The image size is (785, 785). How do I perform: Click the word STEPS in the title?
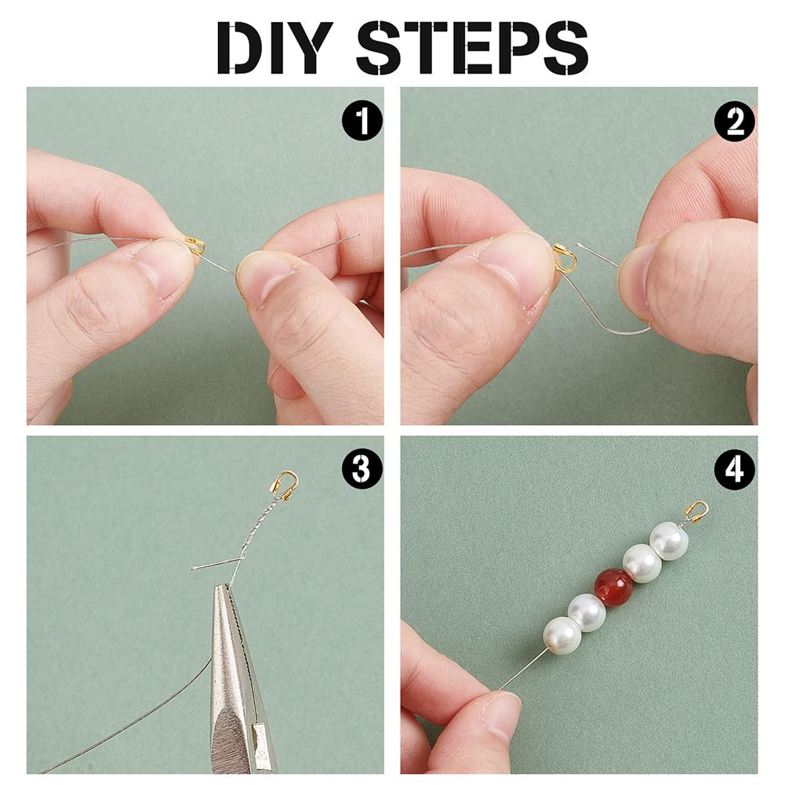472,48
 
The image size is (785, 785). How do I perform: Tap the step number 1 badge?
362,121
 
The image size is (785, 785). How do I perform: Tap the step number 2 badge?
735,121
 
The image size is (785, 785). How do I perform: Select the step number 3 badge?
362,470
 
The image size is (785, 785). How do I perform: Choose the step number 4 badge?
735,470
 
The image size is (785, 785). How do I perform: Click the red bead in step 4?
614,587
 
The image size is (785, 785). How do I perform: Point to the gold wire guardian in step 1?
195,245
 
